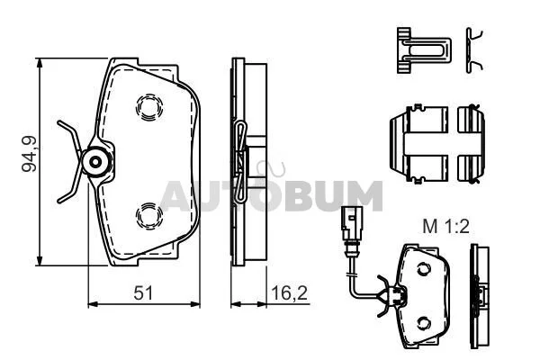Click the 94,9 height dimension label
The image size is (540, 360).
(30, 154)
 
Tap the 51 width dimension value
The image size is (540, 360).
(143, 292)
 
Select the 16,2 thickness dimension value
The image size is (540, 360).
(289, 292)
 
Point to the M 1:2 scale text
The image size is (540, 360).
(445, 227)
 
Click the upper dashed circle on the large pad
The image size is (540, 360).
(149, 107)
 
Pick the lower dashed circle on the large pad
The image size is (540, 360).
(149, 216)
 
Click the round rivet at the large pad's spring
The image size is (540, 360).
(95, 162)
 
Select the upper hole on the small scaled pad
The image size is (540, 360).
(424, 269)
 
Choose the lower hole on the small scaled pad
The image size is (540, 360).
(424, 323)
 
